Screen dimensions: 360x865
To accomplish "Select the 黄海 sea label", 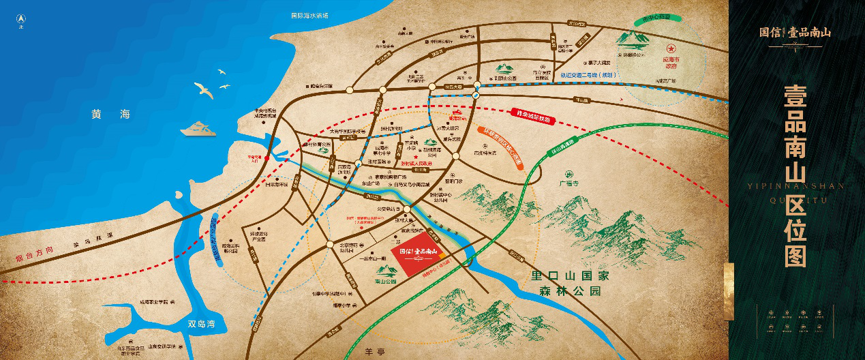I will click(110, 115).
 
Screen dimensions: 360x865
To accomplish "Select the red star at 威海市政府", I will click(671, 48).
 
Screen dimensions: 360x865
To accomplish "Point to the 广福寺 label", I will click(568, 183).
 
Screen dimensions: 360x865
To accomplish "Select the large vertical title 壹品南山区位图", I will click(795, 175).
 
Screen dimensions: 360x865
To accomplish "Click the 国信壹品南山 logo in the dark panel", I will click(795, 32).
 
